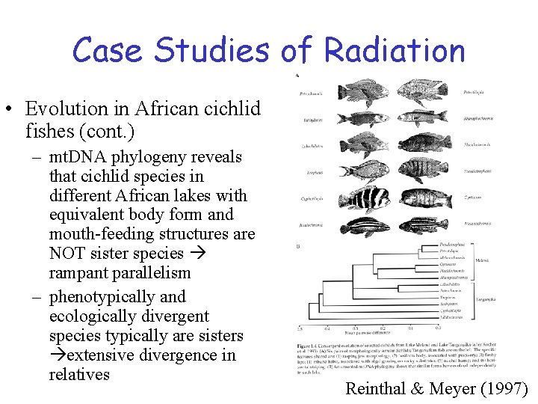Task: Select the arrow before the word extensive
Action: [57, 355]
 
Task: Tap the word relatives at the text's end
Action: [79, 375]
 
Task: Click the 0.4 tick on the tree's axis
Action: [327, 327]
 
